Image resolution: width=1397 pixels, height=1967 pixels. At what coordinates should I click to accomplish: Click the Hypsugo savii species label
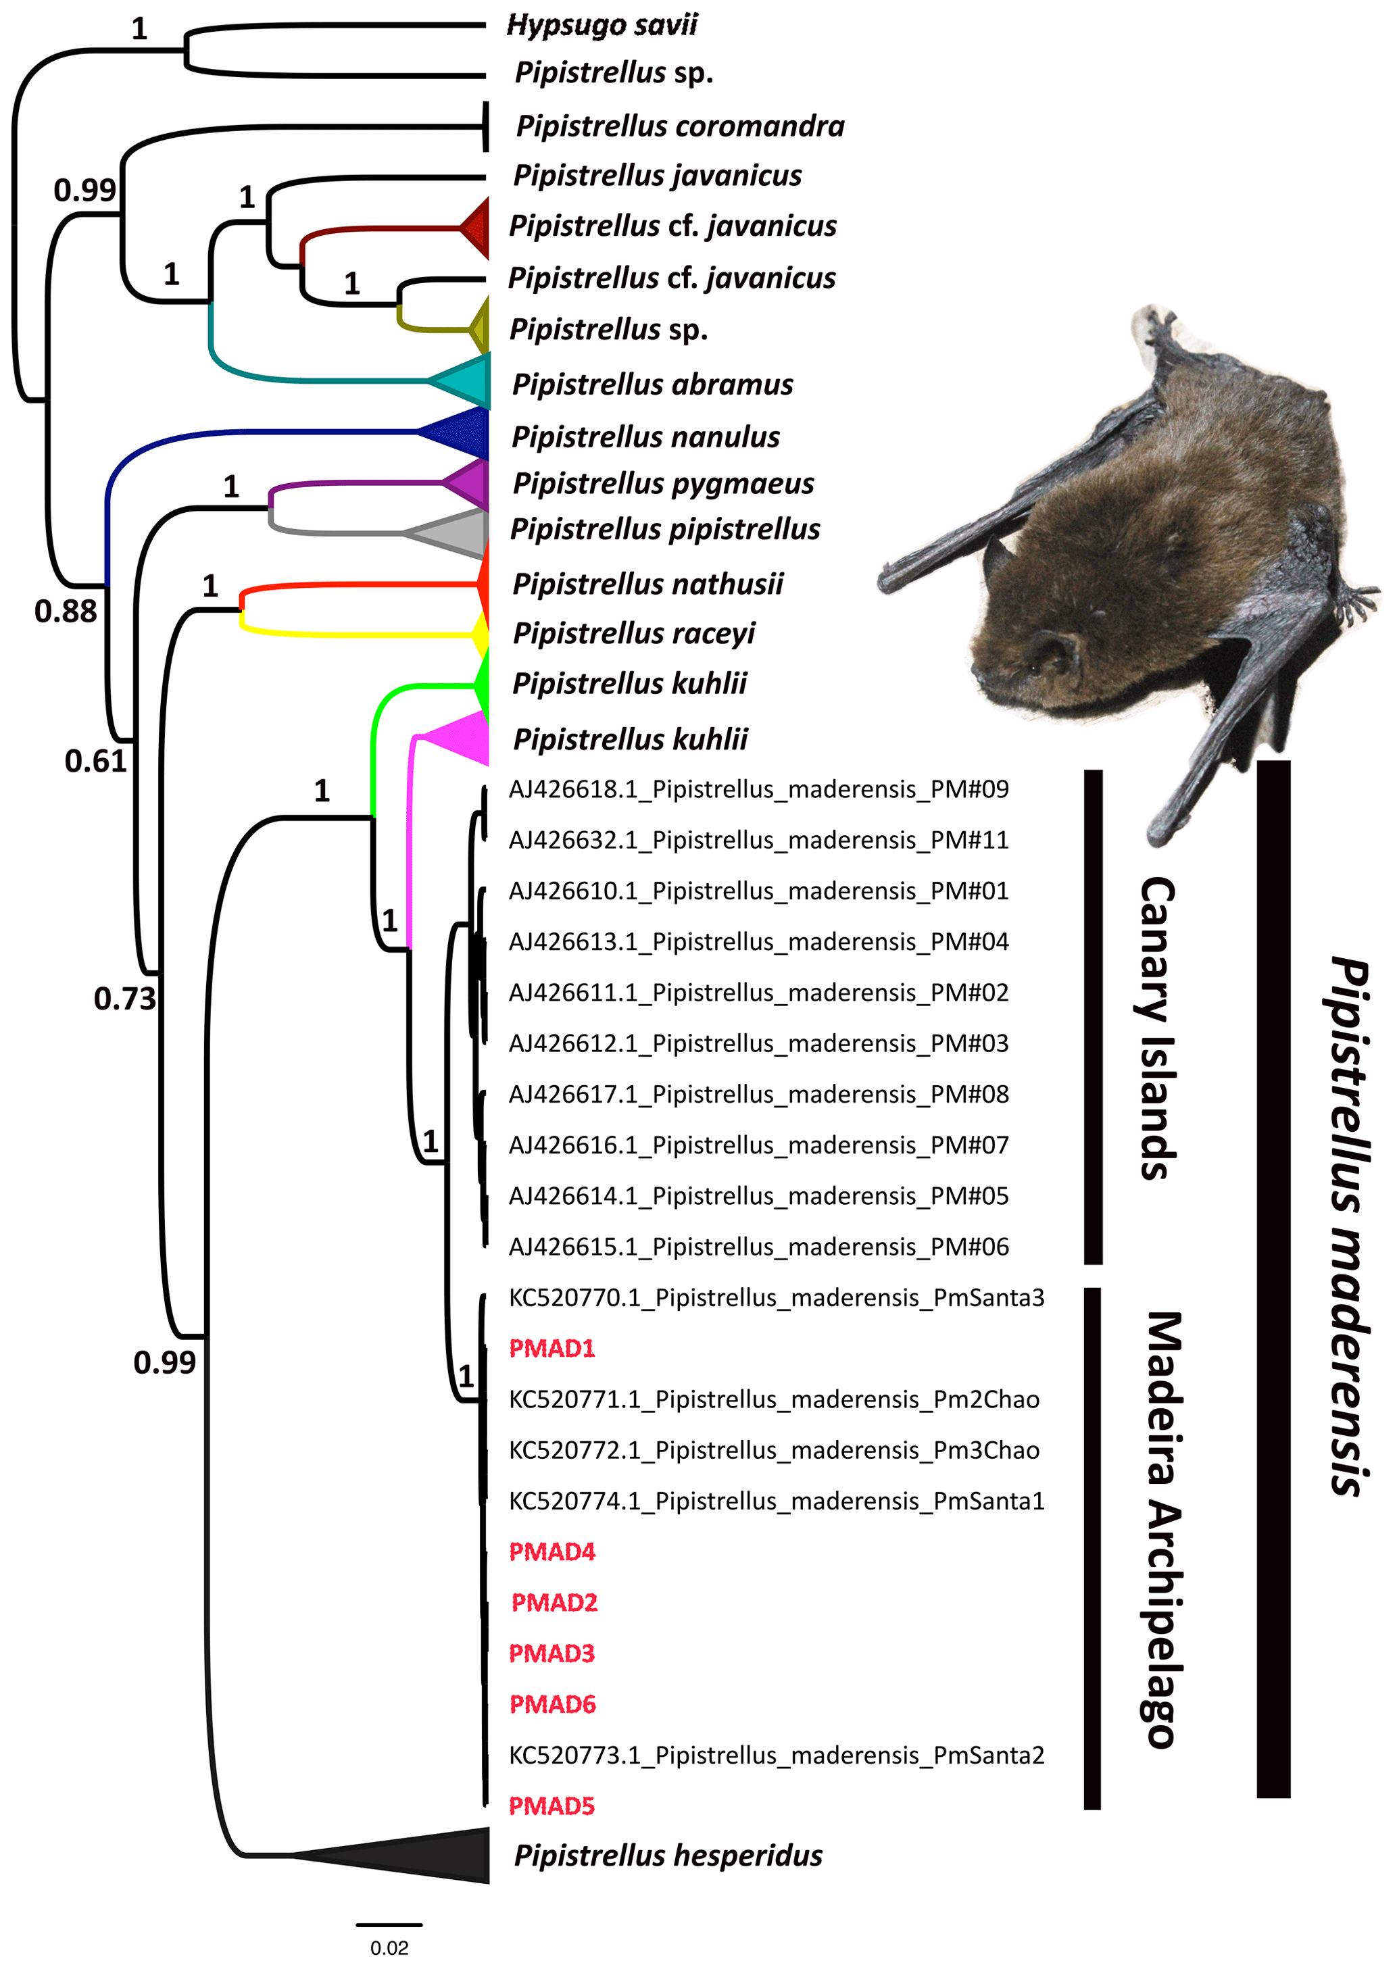coord(602,25)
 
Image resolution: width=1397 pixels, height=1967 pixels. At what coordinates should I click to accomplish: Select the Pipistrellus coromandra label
coord(679,126)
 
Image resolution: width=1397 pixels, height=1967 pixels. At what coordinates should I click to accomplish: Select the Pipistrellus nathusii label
coord(647,584)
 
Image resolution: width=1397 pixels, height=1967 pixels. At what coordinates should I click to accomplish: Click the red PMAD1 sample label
coord(552,1348)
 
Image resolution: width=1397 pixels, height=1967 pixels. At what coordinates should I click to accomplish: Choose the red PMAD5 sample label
coord(552,1806)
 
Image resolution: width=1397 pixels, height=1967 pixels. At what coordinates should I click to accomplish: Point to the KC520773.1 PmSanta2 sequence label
coord(776,1755)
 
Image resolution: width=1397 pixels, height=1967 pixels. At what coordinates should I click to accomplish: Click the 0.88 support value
coord(66,611)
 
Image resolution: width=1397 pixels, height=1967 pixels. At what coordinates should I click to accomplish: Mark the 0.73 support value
coord(125,998)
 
